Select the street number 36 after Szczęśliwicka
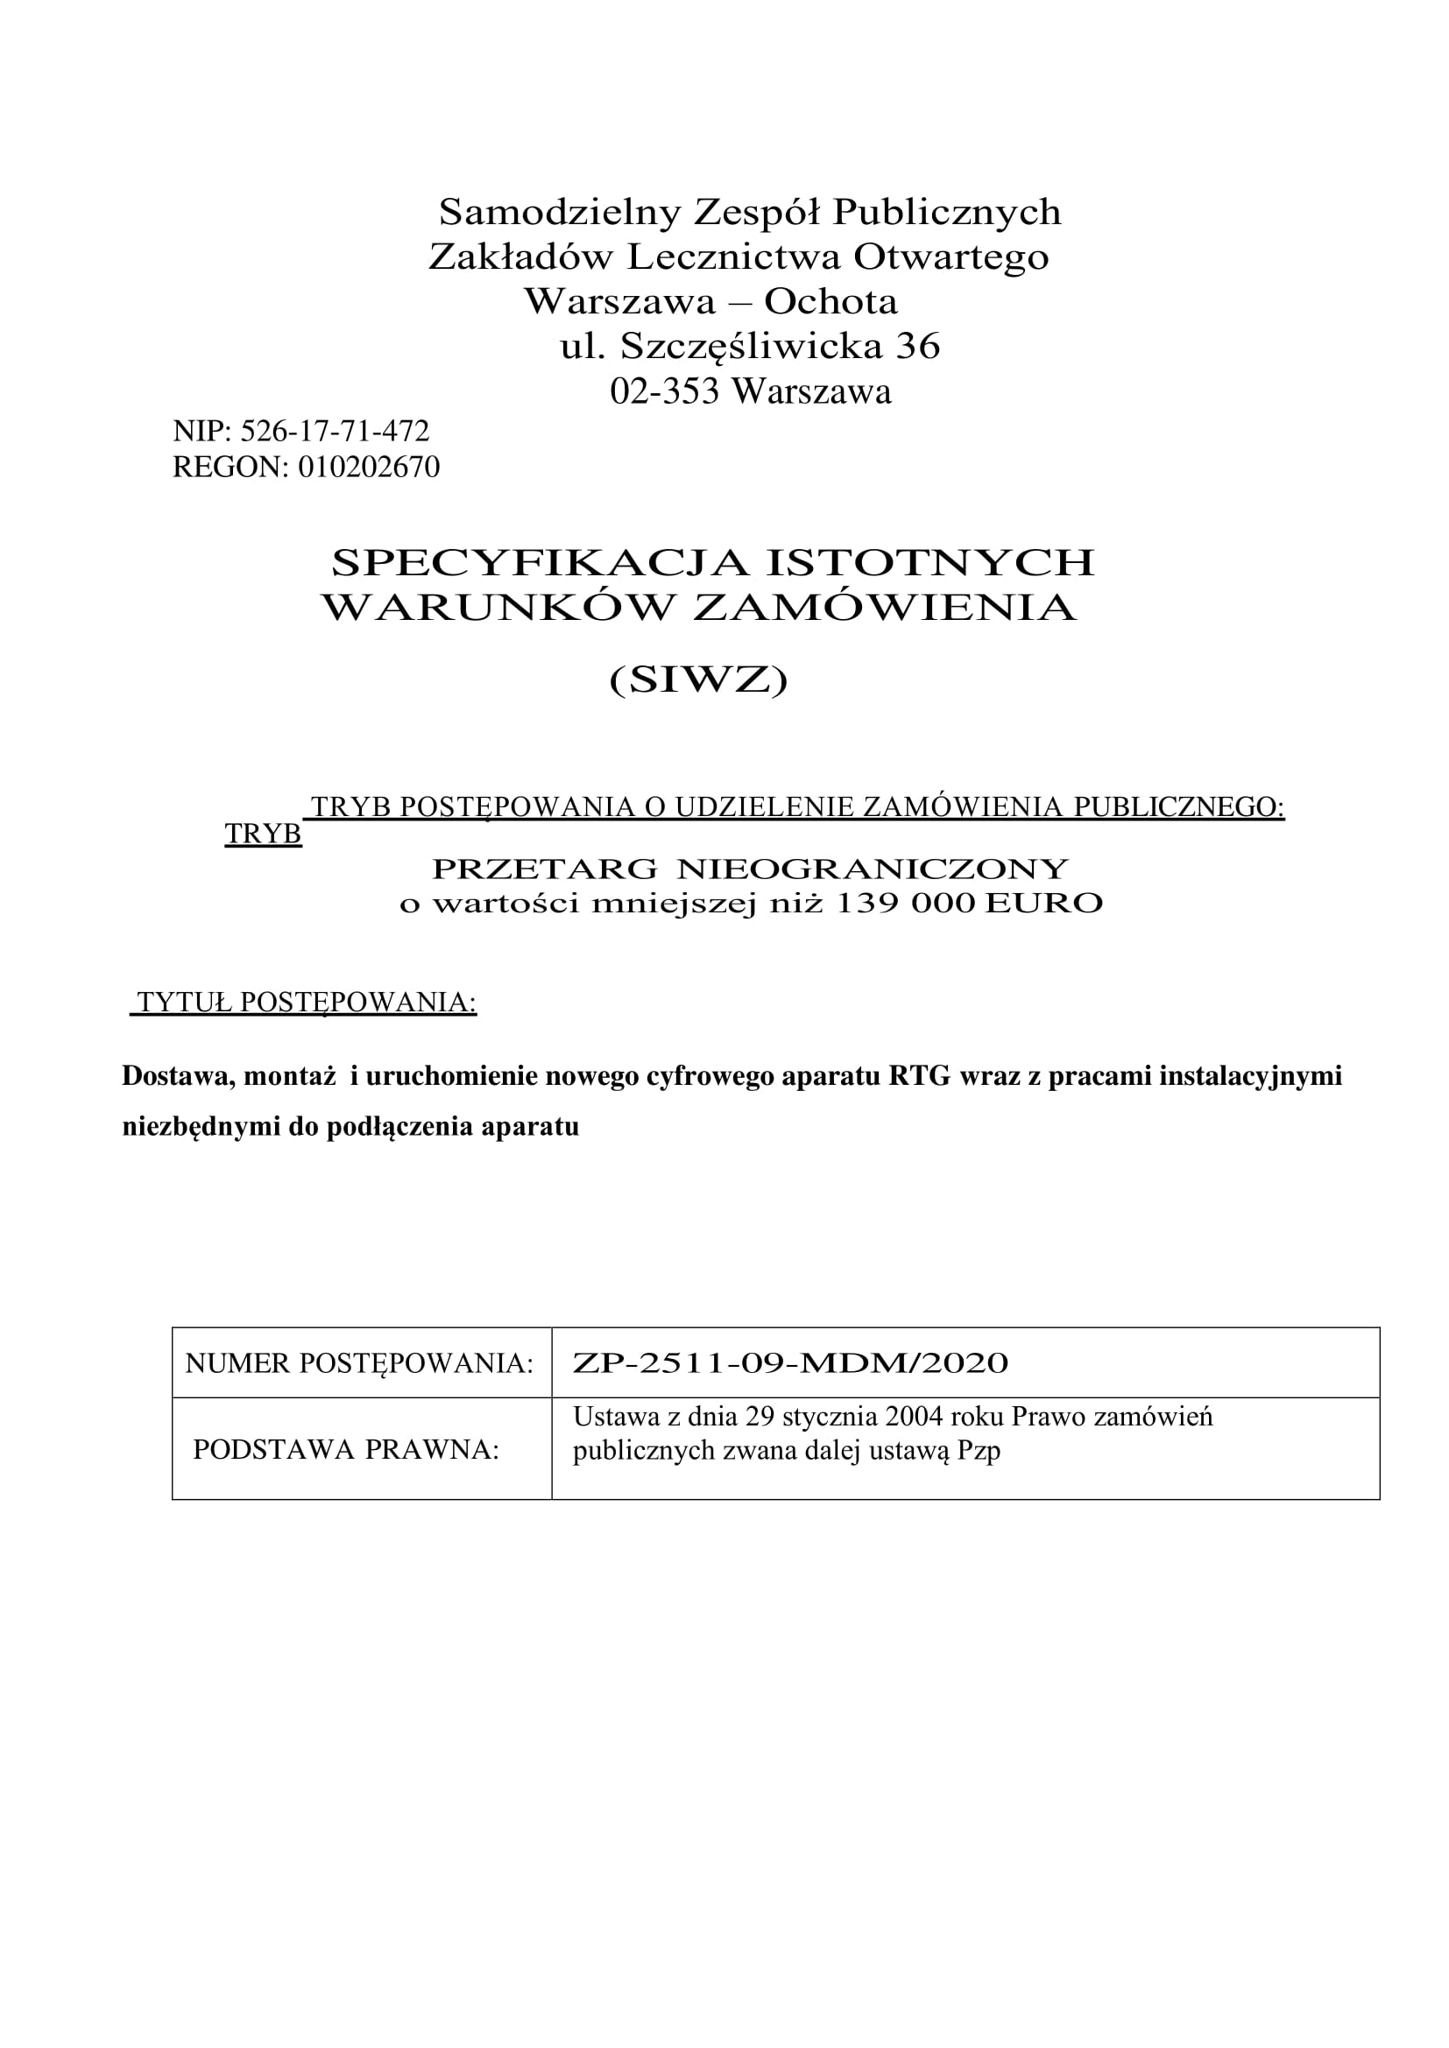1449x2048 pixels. (x=917, y=347)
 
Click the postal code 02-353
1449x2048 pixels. (x=664, y=391)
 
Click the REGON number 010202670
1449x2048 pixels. (x=369, y=468)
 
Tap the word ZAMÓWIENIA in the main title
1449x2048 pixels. (x=884, y=608)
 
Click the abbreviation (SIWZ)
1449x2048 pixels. (x=698, y=680)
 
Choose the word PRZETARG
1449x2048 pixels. (x=544, y=868)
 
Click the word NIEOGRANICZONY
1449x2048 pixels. (x=873, y=868)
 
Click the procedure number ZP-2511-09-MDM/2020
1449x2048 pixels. (x=789, y=1363)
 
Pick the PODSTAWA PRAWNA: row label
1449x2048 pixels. (x=345, y=1450)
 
